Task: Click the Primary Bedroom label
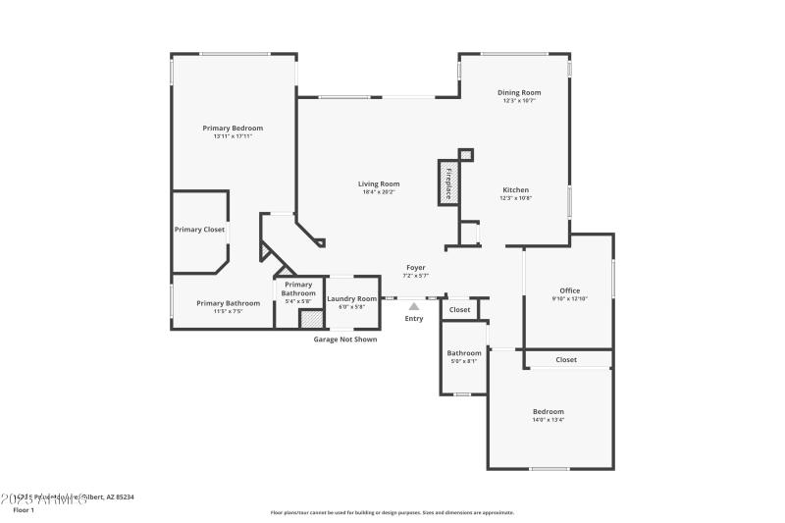233,128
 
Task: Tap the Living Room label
378,183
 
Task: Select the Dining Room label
519,92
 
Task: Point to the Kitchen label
516,189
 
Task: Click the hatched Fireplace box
447,183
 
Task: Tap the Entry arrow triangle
414,306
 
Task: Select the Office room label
570,290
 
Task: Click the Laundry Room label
351,298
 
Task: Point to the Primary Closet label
199,230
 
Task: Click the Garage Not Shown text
344,340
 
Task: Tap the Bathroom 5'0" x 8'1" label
464,361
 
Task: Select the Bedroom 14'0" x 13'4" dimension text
548,420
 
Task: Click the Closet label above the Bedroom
566,360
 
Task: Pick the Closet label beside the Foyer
459,310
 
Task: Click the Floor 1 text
24,510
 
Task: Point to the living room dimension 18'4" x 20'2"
378,192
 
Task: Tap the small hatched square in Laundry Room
311,319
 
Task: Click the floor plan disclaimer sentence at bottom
392,512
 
